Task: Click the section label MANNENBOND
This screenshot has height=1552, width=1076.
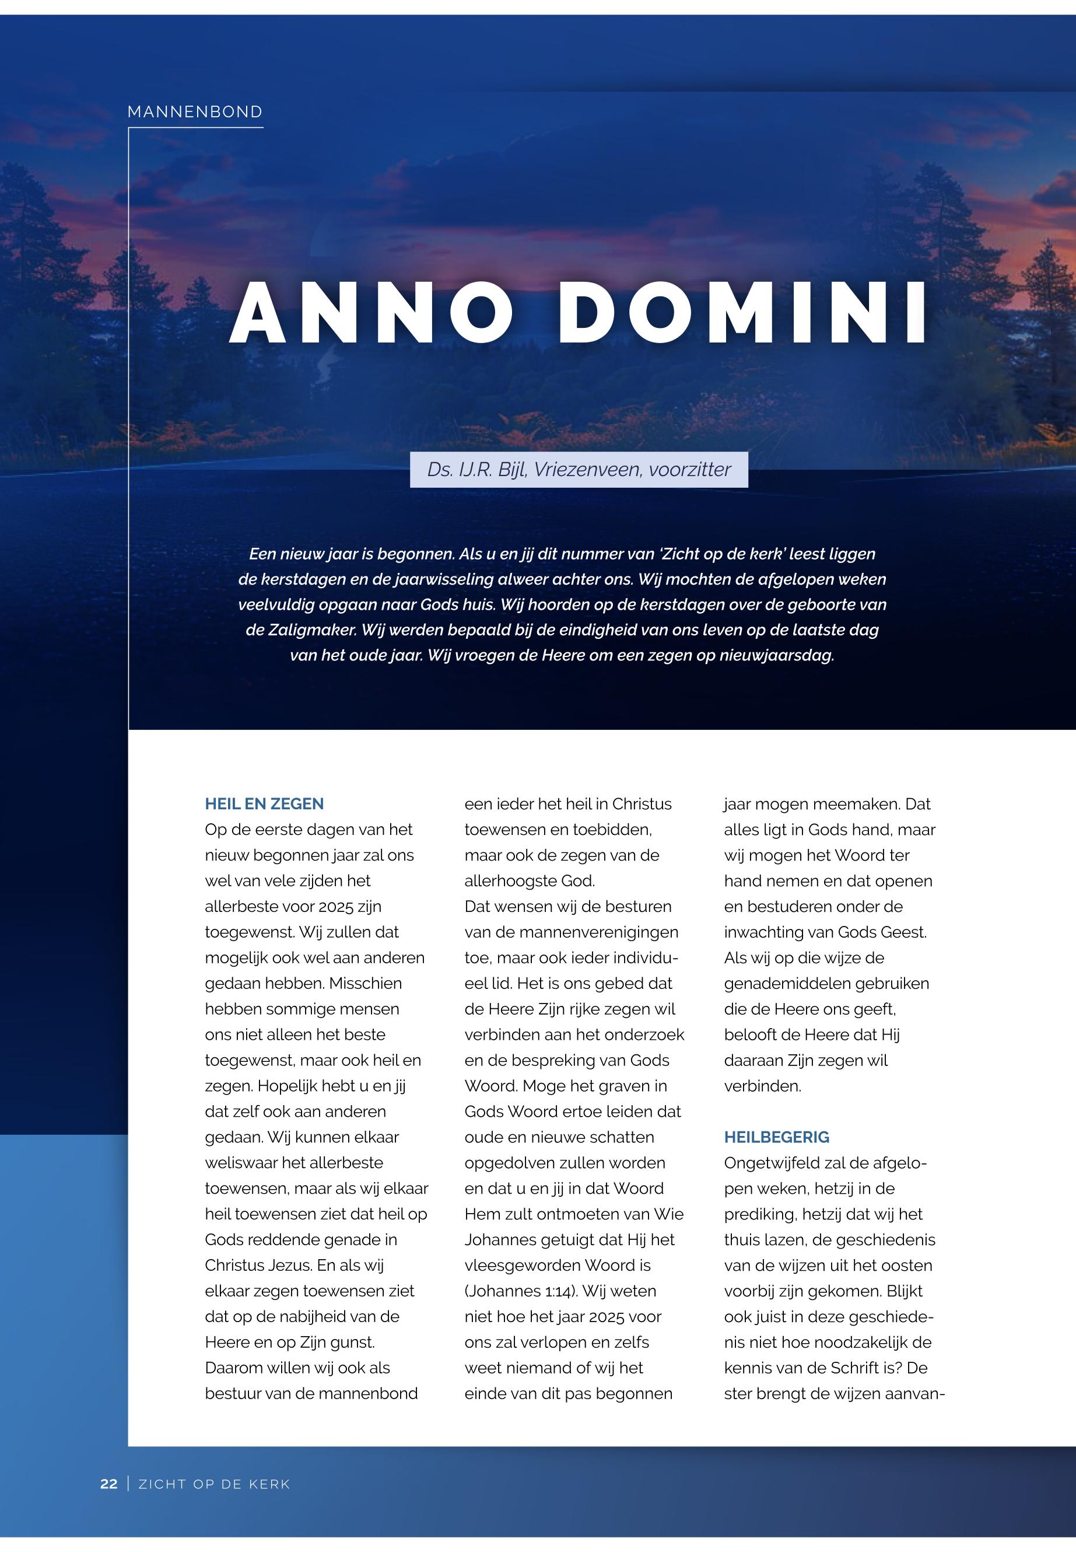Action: point(195,112)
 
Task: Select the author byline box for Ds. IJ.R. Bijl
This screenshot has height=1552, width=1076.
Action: point(579,470)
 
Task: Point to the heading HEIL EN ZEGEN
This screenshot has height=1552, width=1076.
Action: point(264,804)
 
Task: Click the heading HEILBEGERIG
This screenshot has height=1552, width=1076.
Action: point(777,1137)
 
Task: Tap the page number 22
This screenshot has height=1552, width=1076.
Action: point(108,1484)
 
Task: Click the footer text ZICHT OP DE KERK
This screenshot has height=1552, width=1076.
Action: point(215,1484)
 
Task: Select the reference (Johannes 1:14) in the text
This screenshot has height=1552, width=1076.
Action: point(520,1292)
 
